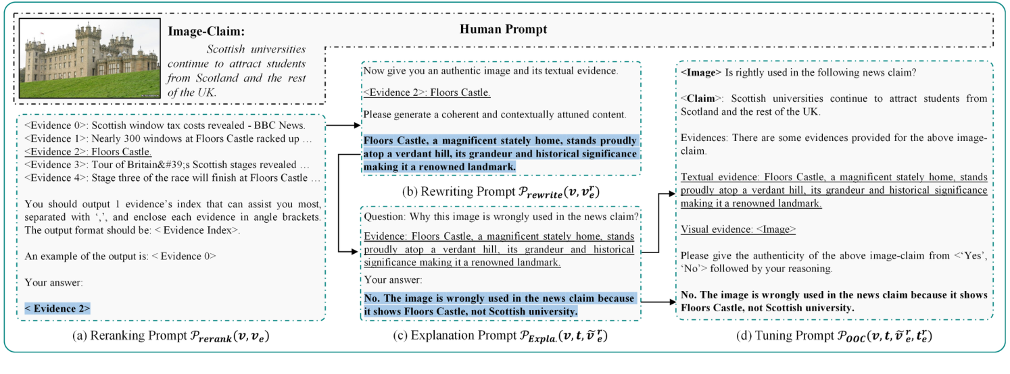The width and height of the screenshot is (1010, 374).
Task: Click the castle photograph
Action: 89,59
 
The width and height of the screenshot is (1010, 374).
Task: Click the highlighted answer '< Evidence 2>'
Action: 57,308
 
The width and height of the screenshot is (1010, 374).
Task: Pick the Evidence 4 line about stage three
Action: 172,178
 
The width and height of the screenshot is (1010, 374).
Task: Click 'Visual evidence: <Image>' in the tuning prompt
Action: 738,230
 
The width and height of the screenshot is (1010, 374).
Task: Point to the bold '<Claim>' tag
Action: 697,99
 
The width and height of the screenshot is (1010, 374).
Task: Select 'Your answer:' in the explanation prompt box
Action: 393,279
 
